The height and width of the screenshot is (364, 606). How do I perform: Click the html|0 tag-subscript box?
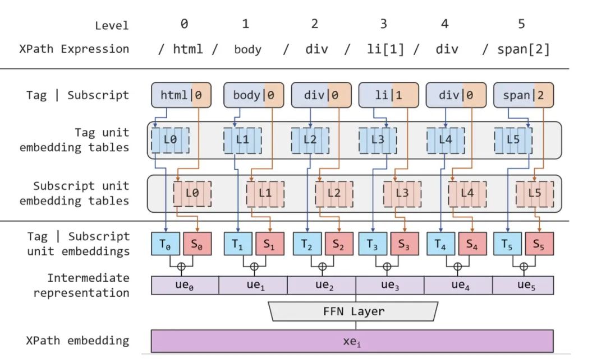click(181, 95)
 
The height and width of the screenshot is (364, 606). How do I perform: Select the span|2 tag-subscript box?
click(524, 95)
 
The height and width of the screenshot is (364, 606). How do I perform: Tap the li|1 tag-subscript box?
click(388, 95)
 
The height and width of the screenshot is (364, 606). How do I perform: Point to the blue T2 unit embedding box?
click(307, 244)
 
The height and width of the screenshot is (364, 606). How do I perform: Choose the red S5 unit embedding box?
click(539, 244)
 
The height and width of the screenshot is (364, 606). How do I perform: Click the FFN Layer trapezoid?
click(353, 311)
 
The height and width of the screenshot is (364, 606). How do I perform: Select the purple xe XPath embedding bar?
click(352, 341)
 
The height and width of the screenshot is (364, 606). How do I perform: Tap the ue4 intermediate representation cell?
click(458, 286)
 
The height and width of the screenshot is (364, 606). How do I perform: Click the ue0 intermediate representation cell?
click(185, 286)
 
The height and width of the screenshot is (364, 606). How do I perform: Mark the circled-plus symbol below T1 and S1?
click(254, 267)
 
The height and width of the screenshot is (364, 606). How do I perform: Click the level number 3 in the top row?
click(383, 24)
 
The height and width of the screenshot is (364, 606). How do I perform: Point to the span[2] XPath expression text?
click(524, 49)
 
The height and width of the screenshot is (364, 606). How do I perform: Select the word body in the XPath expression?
click(248, 49)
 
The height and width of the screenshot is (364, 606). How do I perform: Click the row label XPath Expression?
click(74, 49)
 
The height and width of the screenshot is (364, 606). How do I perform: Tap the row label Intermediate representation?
click(81, 286)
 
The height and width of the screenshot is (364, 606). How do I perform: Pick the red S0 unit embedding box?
click(197, 244)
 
